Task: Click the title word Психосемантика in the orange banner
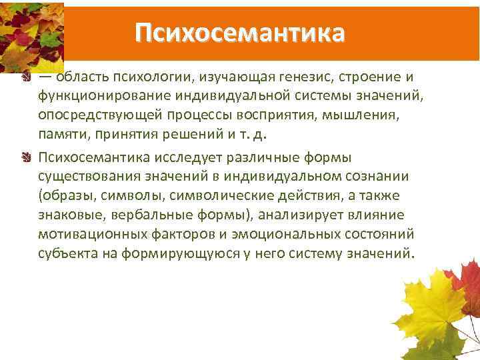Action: click(239, 32)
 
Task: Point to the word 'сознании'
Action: click(369, 176)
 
